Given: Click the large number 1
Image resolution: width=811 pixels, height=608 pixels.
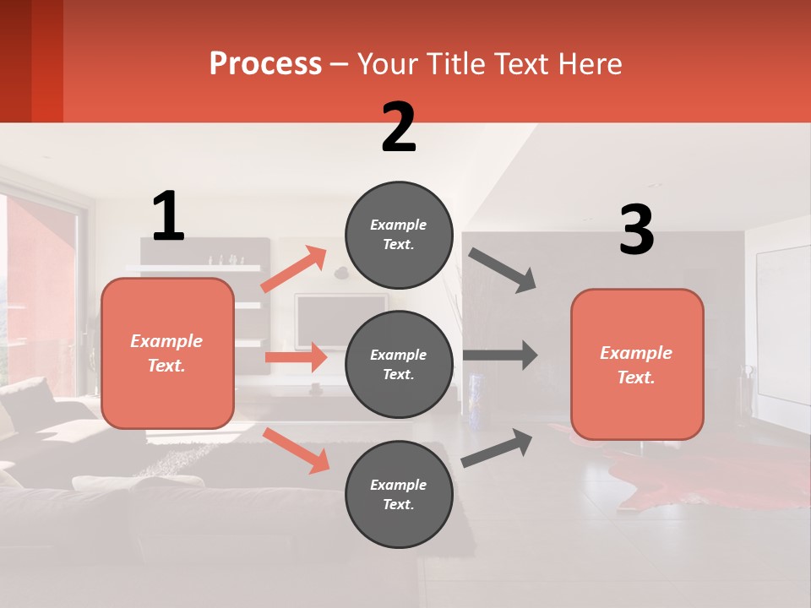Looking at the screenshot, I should tap(168, 216).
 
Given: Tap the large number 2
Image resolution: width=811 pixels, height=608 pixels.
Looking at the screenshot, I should tap(399, 128).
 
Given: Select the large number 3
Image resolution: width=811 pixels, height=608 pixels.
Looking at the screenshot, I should tap(636, 231).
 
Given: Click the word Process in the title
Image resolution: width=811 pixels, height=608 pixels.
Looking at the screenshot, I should tap(265, 63).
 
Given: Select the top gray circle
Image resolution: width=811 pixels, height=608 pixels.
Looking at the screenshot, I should tap(399, 235).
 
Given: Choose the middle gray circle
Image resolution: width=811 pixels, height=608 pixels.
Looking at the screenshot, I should tap(399, 364).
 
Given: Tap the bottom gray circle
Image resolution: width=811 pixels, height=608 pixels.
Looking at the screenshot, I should tap(399, 494).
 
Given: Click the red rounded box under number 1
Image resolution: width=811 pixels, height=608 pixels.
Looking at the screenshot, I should tap(167, 353).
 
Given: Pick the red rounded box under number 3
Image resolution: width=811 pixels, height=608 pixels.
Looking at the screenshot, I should tap(637, 364).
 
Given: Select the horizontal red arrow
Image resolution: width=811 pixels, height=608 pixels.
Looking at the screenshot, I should tap(296, 357).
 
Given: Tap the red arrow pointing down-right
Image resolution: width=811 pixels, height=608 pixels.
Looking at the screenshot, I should tap(297, 450).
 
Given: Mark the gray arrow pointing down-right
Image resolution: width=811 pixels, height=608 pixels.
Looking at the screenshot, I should tap(503, 270).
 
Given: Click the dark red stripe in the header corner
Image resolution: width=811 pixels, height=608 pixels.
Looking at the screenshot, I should tap(47, 61).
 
